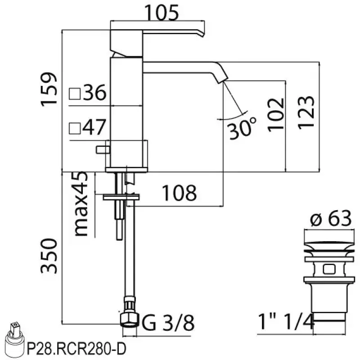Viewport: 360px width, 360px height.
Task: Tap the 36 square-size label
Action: pyautogui.click(x=94, y=94)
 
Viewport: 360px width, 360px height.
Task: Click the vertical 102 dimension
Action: pyautogui.click(x=275, y=113)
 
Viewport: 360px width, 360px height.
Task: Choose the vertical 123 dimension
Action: pyautogui.click(x=306, y=112)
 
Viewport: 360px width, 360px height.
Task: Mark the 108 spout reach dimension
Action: pyautogui.click(x=179, y=193)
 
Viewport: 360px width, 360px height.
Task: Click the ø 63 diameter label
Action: pyautogui.click(x=330, y=219)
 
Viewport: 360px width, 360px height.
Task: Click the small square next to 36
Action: pyautogui.click(x=75, y=94)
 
